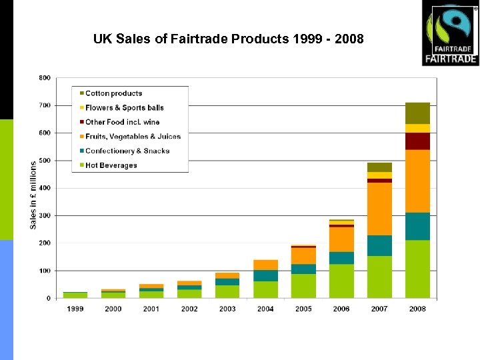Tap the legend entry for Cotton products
click(x=113, y=93)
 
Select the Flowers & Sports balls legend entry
click(x=124, y=107)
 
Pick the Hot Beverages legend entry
click(x=111, y=165)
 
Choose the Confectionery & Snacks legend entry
click(x=127, y=151)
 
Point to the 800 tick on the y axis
click(x=45, y=78)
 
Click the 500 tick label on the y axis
click(x=45, y=161)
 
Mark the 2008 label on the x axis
click(x=417, y=309)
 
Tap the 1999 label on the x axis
click(x=75, y=309)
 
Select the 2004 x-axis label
click(x=265, y=309)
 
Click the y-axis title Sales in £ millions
click(x=33, y=195)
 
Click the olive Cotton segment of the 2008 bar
click(x=417, y=113)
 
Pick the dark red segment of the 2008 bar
click(x=417, y=141)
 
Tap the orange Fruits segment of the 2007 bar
click(x=379, y=209)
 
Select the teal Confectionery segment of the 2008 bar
click(x=417, y=227)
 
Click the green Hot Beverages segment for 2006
click(x=341, y=281)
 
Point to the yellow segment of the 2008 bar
click(x=417, y=129)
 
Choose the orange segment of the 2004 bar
click(x=265, y=265)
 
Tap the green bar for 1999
click(x=75, y=295)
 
